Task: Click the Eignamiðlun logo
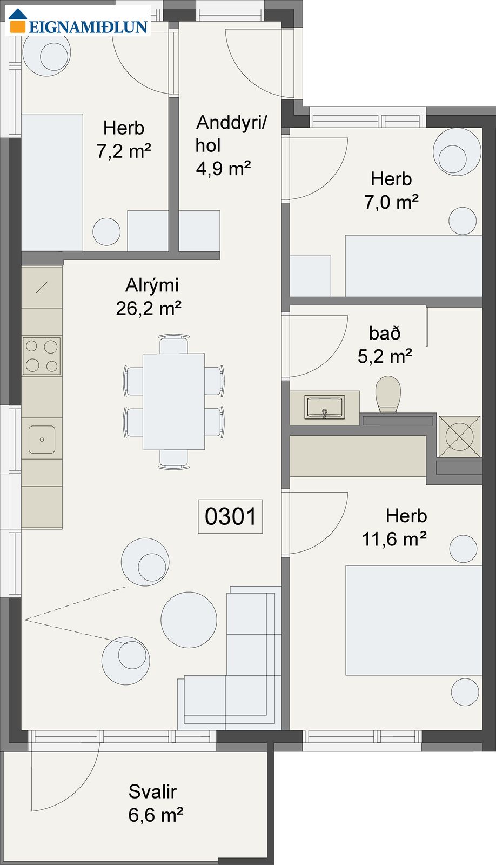[x=78, y=22]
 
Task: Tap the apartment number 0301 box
[x=230, y=516]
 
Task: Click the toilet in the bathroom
[x=388, y=395]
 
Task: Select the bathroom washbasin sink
[x=324, y=407]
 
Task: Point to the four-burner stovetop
[x=42, y=356]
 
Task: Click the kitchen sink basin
[x=42, y=440]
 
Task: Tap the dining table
[x=173, y=402]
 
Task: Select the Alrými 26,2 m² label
[x=149, y=297]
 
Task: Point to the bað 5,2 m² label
[x=385, y=344]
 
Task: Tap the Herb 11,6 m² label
[x=394, y=527]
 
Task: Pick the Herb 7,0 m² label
[x=391, y=190]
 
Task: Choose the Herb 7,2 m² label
[x=124, y=139]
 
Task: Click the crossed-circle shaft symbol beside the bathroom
[x=459, y=437]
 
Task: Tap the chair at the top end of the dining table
[x=173, y=344]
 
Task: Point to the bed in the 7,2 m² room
[x=52, y=182]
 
